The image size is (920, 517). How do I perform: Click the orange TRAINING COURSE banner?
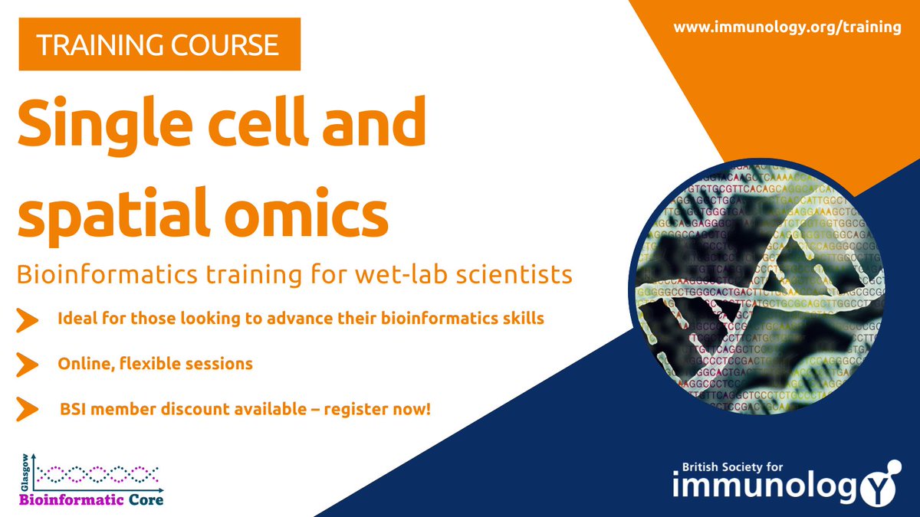coord(159,46)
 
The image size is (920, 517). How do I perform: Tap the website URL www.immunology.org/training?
coord(787,27)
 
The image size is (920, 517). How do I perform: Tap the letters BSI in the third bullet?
coord(74,410)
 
